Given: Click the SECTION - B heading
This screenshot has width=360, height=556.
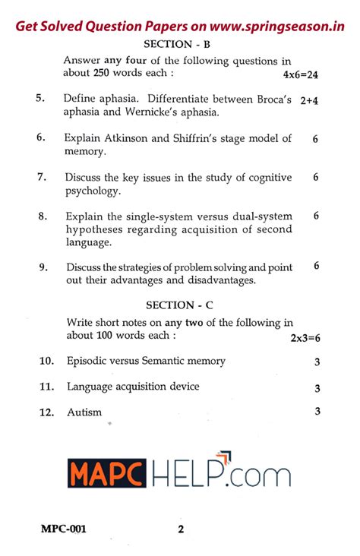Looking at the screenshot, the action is coord(179,44).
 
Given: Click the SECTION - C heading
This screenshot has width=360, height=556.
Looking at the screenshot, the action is coord(180,305).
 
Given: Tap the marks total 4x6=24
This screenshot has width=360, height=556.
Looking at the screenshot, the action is coord(299,75).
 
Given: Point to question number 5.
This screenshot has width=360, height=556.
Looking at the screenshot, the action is coord(40,98).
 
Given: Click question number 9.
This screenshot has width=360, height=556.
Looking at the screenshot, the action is coord(43,267).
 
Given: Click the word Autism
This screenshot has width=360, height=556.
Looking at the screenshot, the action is coord(84,412).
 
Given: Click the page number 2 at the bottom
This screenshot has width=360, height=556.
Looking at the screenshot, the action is coord(181,529).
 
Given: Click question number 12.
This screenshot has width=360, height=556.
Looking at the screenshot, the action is coord(46,412).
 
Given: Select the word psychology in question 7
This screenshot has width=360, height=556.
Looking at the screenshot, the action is coord(93,191).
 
